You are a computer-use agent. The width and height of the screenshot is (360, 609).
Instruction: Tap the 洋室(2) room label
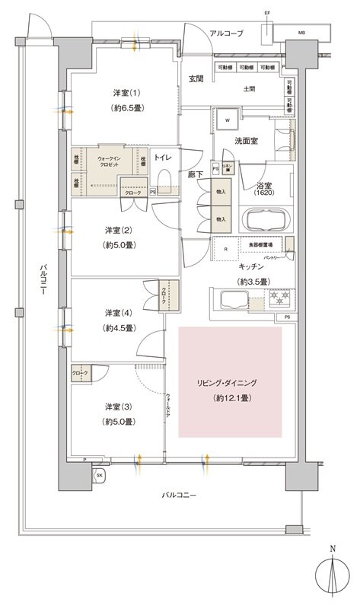[119, 229]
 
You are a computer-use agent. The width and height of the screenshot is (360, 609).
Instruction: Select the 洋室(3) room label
[119, 407]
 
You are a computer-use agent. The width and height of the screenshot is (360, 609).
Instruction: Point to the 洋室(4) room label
[119, 313]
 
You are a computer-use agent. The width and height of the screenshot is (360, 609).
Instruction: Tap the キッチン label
[250, 266]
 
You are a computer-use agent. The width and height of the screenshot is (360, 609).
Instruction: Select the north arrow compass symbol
[333, 575]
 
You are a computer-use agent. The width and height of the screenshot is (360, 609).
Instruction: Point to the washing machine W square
[226, 120]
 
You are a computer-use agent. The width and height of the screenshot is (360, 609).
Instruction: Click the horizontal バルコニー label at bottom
[180, 496]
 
